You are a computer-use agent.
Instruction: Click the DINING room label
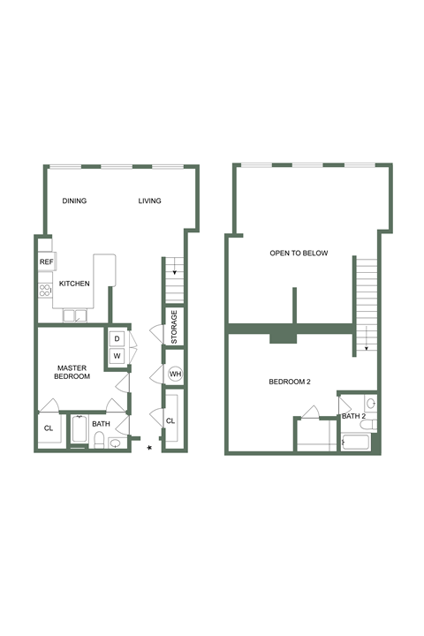tap(74, 201)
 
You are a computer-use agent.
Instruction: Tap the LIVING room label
tap(149, 201)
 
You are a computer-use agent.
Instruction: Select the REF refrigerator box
tap(45, 262)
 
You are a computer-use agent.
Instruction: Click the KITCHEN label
tap(74, 284)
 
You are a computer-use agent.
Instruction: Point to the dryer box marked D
tap(117, 339)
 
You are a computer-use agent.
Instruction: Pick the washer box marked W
tap(117, 356)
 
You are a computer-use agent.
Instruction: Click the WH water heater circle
tap(175, 375)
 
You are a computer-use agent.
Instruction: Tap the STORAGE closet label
tap(175, 327)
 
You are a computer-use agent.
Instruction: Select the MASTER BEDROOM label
tap(73, 372)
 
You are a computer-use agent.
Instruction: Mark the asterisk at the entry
tap(149, 449)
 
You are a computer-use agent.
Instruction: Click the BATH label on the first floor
tap(101, 424)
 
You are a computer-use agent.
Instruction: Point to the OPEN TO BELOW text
tap(299, 254)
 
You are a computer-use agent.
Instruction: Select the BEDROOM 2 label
tap(290, 382)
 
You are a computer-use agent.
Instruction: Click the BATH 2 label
tap(353, 416)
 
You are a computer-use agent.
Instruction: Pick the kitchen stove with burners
tap(43, 290)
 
